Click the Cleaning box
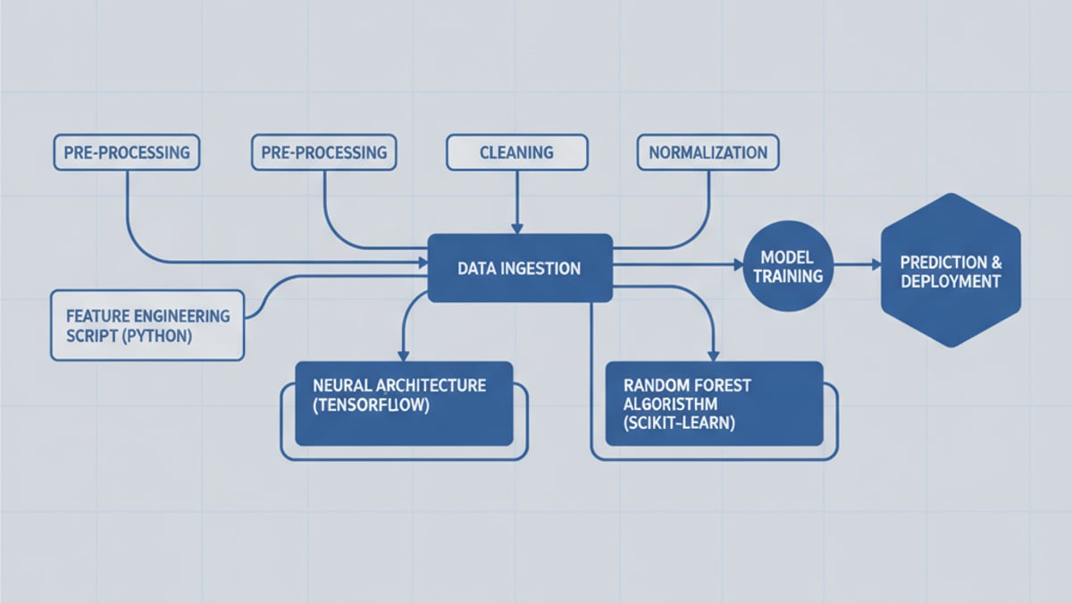(x=516, y=152)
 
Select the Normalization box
(x=708, y=152)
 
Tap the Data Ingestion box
(x=520, y=268)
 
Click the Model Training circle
(x=787, y=266)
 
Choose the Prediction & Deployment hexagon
(x=950, y=272)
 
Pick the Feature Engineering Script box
(x=147, y=324)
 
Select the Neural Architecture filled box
(x=404, y=403)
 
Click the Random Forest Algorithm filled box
(x=714, y=403)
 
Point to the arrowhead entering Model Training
(x=738, y=264)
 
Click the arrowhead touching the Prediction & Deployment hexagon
(x=875, y=264)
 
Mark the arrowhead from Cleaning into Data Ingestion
(x=516, y=229)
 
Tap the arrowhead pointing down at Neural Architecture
(x=404, y=355)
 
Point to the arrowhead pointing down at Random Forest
(x=713, y=355)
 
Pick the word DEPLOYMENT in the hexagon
(x=950, y=281)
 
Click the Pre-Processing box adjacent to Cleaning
(x=324, y=152)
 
